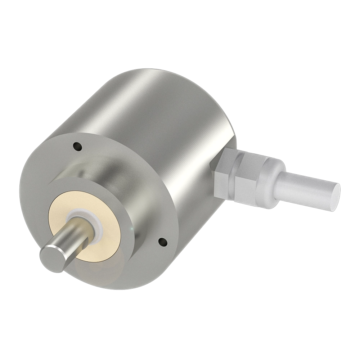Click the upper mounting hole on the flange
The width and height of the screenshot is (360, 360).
click(x=76, y=146)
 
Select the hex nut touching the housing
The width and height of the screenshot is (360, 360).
click(x=225, y=173)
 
